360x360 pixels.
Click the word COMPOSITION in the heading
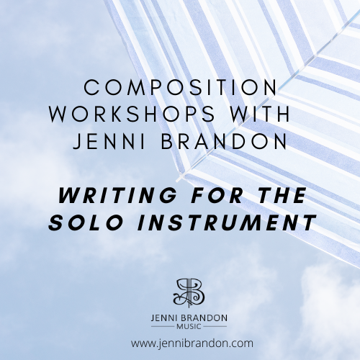click(x=180, y=87)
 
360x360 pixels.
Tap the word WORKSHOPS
click(x=132, y=114)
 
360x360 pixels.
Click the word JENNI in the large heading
click(x=109, y=141)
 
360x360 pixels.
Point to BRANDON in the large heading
click(x=224, y=141)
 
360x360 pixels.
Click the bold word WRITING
click(x=117, y=195)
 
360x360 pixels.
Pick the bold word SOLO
click(x=86, y=222)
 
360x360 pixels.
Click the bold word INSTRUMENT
click(x=227, y=222)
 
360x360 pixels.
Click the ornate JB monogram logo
click(x=189, y=293)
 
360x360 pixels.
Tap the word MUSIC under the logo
click(x=189, y=327)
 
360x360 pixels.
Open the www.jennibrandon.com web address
click(x=192, y=343)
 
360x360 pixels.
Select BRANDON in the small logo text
click(x=205, y=318)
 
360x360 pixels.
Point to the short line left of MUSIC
click(x=163, y=327)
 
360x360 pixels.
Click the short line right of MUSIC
click(x=215, y=327)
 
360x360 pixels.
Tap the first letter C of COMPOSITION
click(x=91, y=87)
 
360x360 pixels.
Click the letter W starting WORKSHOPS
click(x=58, y=114)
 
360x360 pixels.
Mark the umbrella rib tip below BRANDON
click(x=178, y=180)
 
